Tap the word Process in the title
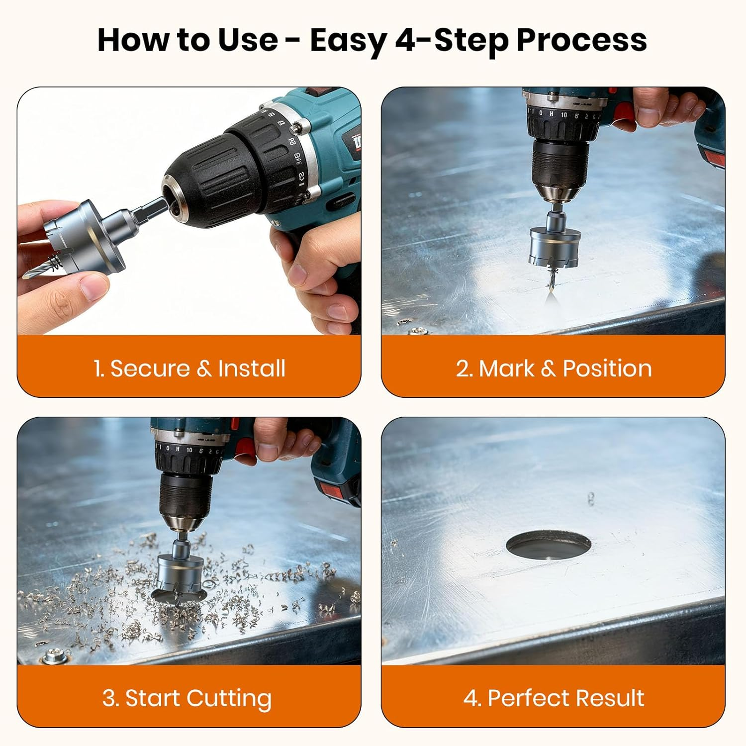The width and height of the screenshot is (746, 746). coord(581,40)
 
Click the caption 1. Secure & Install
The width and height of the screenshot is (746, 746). coord(189,369)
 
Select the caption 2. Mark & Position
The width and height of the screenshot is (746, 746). coord(554,369)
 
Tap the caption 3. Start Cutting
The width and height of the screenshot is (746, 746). coord(187,698)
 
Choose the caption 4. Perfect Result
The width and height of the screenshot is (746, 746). coord(554,698)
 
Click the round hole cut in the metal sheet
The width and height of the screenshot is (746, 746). coord(549,545)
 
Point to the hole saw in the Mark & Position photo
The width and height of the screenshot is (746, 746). coord(555,246)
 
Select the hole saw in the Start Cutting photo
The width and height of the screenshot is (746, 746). coord(180,572)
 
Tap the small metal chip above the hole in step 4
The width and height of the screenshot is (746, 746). coord(591,498)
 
